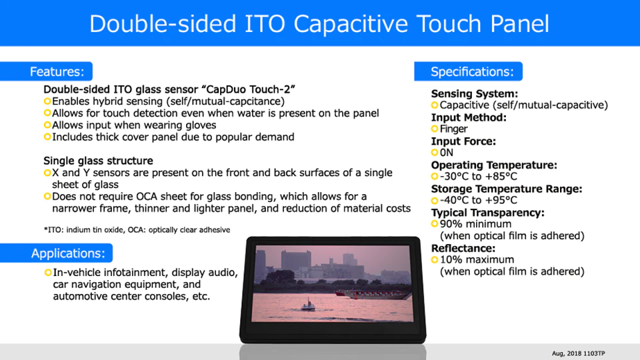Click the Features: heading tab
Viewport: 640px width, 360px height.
point(46,71)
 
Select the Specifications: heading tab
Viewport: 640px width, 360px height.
point(468,71)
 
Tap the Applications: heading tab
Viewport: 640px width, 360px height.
point(56,253)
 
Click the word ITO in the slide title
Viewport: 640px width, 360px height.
point(265,24)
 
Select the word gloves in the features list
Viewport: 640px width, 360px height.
point(200,125)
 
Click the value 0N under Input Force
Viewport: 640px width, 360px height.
point(447,153)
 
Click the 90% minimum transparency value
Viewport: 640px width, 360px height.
point(475,224)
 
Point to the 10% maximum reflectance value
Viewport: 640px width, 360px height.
point(477,259)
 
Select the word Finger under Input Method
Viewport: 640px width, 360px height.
point(453,129)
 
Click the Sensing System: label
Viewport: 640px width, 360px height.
point(474,94)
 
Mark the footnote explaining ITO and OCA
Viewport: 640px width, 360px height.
point(137,230)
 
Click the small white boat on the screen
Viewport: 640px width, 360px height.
point(308,305)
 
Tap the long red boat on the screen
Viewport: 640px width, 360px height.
point(371,294)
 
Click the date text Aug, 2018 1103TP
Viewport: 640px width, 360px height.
point(579,353)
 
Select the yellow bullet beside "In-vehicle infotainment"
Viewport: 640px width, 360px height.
point(48,272)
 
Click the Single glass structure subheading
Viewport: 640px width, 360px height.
point(99,161)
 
